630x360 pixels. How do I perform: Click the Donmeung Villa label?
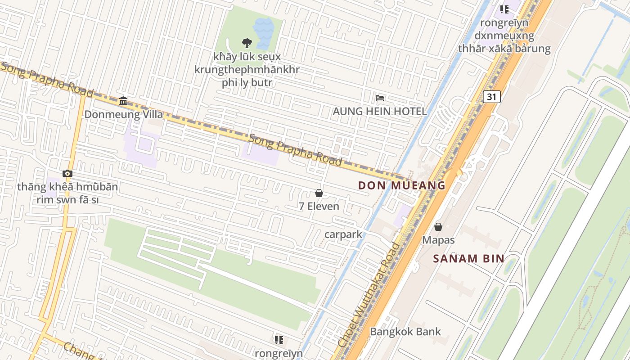124,114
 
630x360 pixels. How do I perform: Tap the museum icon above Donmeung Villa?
123,101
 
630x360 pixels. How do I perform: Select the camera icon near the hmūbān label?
67,173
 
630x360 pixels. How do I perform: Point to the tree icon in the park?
247,43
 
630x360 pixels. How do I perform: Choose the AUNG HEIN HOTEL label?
379,111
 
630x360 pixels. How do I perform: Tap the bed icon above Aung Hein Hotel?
380,98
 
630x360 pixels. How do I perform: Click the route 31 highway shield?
492,96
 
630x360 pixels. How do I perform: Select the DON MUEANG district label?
402,185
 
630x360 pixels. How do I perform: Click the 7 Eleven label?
319,207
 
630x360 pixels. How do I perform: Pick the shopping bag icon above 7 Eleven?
319,193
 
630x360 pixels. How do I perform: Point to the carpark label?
343,234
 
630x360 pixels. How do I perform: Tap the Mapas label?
438,240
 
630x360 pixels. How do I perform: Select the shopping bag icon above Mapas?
438,227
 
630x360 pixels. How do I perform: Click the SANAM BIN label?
468,258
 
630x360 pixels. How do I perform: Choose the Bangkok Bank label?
405,332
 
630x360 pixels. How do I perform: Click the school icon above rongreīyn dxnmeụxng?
504,9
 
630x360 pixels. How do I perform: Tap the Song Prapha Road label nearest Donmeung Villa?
47,80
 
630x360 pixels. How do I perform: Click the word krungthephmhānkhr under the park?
247,70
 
